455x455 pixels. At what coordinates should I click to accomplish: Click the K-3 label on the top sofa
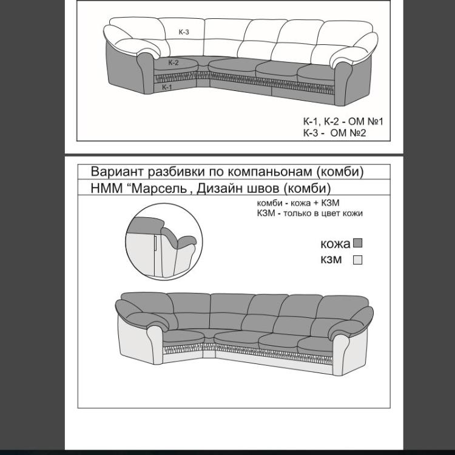tap(184, 32)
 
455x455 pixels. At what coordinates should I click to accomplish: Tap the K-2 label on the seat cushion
tap(174, 62)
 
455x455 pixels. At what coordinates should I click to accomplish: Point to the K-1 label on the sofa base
tap(167, 87)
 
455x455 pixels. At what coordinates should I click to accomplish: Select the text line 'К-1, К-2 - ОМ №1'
tap(343, 121)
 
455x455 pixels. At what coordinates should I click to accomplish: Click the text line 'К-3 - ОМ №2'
tap(334, 133)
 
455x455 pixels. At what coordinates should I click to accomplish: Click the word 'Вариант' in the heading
tap(117, 172)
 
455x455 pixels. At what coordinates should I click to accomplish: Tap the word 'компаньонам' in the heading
tap(269, 172)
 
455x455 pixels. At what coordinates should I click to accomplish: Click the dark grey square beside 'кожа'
tap(357, 243)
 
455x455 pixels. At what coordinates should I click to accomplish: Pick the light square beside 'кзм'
tap(357, 260)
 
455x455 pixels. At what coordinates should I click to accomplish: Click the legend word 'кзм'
tap(331, 260)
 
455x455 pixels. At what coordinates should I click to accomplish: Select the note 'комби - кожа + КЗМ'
tap(298, 203)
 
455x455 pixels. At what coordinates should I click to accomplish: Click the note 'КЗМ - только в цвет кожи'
tap(310, 214)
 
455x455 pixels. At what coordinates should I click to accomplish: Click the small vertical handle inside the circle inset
tap(156, 243)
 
